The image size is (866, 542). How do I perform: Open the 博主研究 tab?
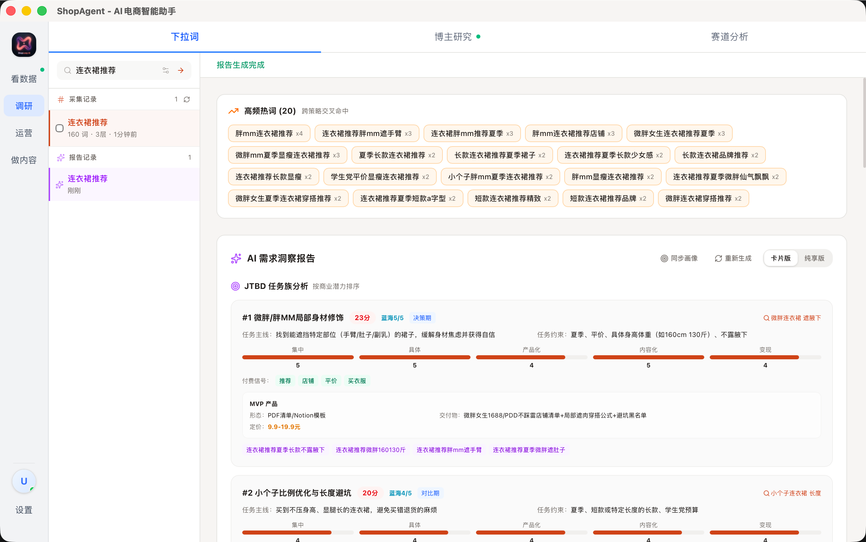click(x=453, y=37)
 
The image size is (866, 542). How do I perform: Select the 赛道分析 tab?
click(x=729, y=37)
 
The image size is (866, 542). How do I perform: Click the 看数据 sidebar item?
click(x=24, y=79)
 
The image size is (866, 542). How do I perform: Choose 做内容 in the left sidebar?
click(x=24, y=160)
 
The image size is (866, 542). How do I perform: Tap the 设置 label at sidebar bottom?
click(x=24, y=510)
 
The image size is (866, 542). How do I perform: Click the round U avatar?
click(x=24, y=481)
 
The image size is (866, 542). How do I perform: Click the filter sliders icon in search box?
click(x=166, y=70)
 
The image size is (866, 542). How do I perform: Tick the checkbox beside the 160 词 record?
click(x=60, y=128)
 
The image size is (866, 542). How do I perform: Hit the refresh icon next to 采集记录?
click(x=187, y=99)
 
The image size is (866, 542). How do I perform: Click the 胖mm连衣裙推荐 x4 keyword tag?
click(x=269, y=134)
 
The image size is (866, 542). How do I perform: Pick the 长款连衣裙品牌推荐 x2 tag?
click(x=720, y=155)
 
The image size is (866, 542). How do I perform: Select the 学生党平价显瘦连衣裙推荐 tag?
click(x=380, y=177)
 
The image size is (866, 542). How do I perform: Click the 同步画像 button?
click(x=679, y=258)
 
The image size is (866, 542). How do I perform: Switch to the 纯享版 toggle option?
click(x=814, y=258)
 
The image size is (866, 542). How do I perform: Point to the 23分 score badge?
click(x=362, y=318)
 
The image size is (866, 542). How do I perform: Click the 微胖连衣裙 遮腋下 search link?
click(x=792, y=318)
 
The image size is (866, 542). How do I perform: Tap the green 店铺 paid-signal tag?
click(x=308, y=381)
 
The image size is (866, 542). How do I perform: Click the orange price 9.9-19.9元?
click(x=284, y=427)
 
